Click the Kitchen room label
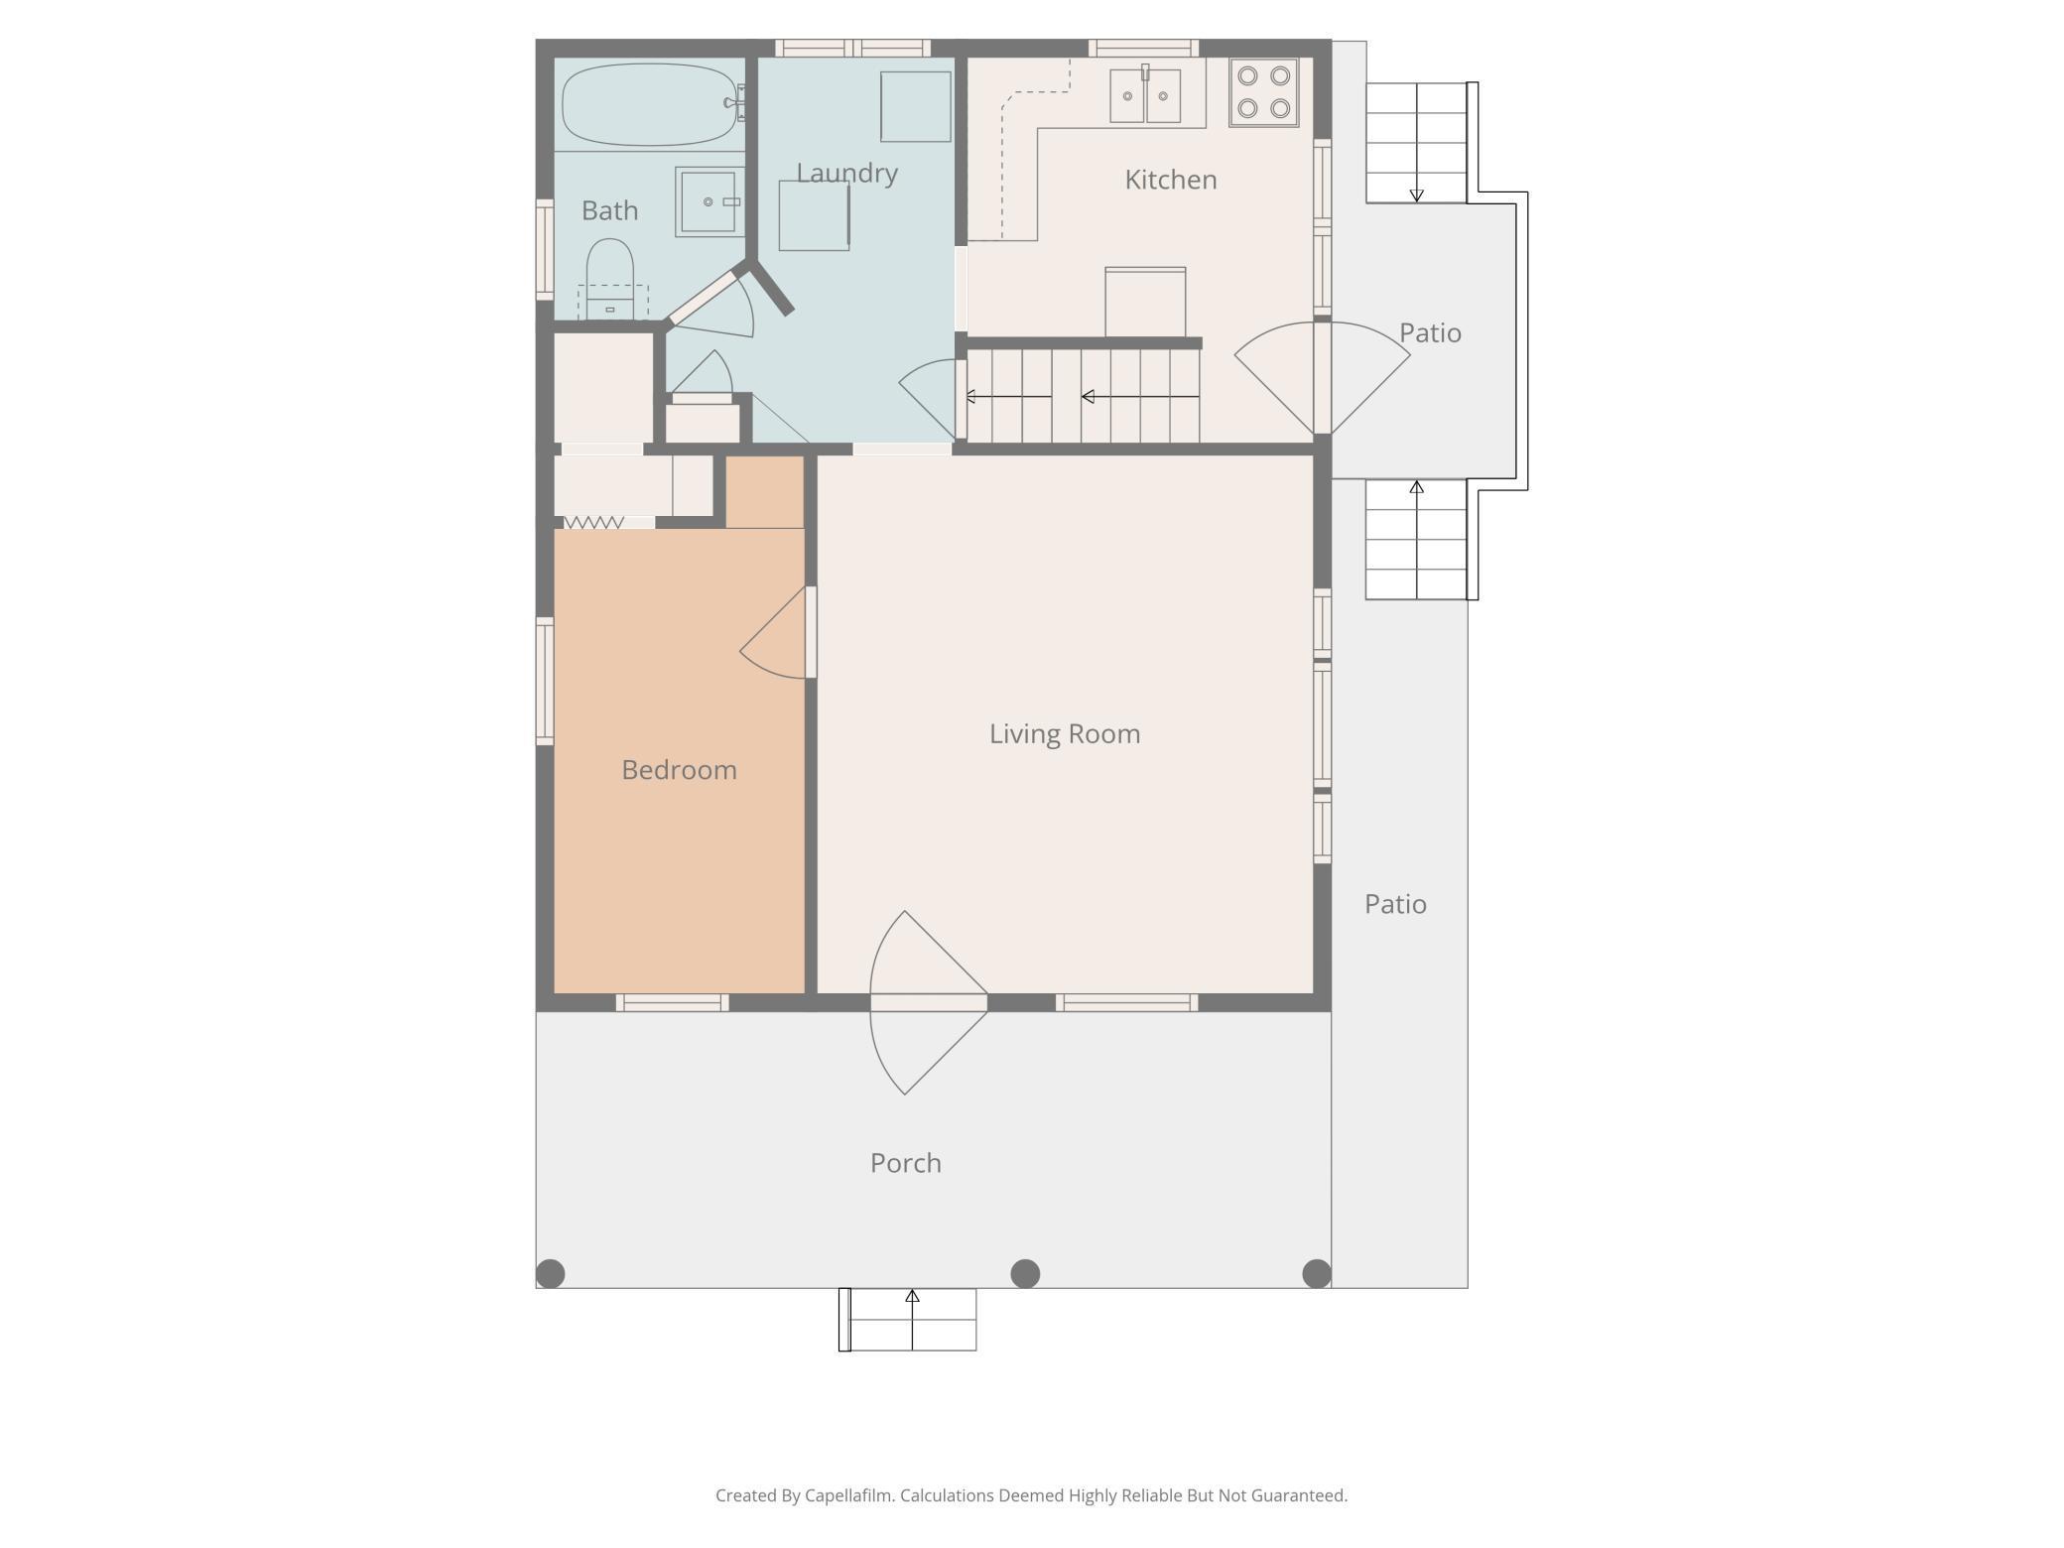coord(1170,180)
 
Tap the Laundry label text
coord(846,174)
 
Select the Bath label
coord(609,210)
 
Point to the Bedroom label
coord(679,770)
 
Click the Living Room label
coord(1065,734)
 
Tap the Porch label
coord(905,1163)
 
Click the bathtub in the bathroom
coord(651,104)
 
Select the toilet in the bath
coord(610,279)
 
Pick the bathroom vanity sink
coord(709,201)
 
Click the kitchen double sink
coord(1145,95)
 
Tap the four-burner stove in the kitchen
coord(1263,91)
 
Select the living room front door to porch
coord(928,1003)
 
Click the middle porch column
coord(1025,1273)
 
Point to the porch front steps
coord(908,1319)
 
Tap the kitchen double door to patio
coord(1323,378)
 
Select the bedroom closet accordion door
coord(594,522)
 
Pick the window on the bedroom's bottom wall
coord(672,1003)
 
